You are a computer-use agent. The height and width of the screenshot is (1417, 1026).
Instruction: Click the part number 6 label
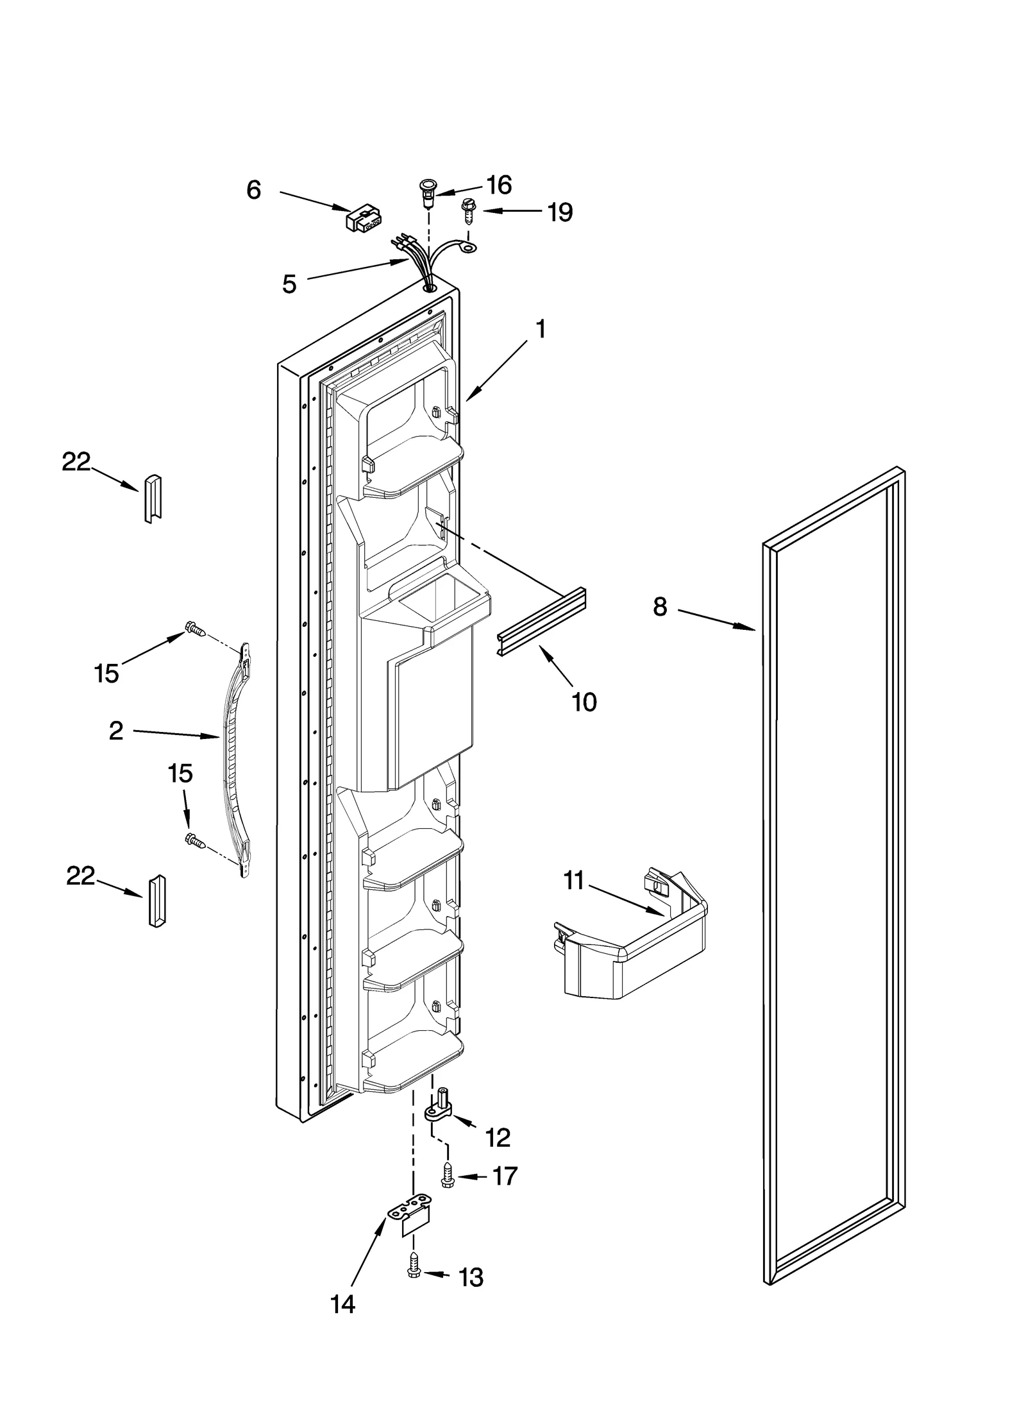(254, 190)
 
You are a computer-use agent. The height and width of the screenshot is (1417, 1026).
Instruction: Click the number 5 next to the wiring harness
(289, 284)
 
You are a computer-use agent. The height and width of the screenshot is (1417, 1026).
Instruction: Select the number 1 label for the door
(541, 329)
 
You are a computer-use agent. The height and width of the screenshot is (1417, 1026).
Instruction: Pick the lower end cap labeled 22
(156, 901)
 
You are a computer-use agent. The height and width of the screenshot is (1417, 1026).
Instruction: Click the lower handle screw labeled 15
(194, 840)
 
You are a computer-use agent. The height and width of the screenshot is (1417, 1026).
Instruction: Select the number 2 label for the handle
(116, 731)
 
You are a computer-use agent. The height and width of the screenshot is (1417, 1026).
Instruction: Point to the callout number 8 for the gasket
(660, 606)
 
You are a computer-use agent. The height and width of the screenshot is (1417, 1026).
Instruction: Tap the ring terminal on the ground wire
(471, 244)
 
